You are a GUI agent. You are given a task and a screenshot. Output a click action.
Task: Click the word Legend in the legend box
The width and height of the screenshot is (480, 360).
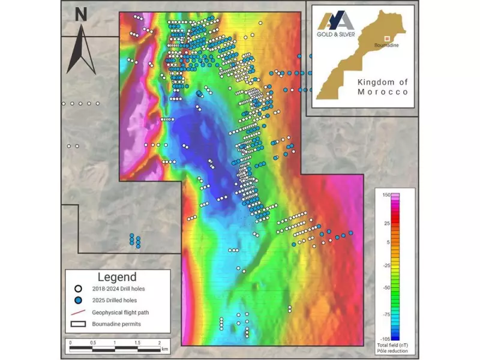[x=117, y=277]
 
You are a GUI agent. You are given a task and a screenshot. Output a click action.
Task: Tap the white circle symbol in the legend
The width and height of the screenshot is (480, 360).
[x=78, y=289]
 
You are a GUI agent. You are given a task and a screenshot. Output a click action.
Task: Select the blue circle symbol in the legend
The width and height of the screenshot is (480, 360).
[x=78, y=300]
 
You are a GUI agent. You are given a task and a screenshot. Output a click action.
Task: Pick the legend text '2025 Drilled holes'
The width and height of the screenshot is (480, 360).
[x=118, y=300]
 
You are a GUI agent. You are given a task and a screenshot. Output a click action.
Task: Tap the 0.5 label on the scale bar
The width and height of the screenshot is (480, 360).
[x=92, y=343]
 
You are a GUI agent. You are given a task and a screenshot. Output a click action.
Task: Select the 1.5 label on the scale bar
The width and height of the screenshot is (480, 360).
[x=137, y=343]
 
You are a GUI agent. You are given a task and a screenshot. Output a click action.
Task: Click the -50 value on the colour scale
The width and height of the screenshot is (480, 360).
[x=387, y=287]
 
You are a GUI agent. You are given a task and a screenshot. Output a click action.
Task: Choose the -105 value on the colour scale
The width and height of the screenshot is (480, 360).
[x=386, y=338]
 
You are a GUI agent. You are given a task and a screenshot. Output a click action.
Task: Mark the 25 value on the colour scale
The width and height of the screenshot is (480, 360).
[x=387, y=223]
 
